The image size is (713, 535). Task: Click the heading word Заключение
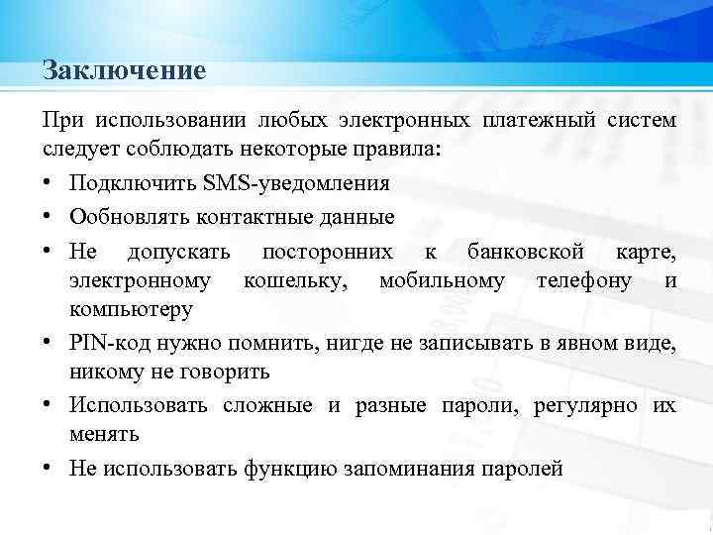tap(124, 71)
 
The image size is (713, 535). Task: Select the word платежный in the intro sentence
tap(539, 121)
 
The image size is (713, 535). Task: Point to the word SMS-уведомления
tap(295, 183)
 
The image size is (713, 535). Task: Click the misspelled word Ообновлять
tap(123, 216)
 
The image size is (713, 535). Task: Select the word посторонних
tap(327, 250)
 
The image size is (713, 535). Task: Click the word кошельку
tap(295, 279)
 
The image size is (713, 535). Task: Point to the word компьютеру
tap(131, 310)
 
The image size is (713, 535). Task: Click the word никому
tap(102, 373)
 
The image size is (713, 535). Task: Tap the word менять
tap(104, 434)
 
